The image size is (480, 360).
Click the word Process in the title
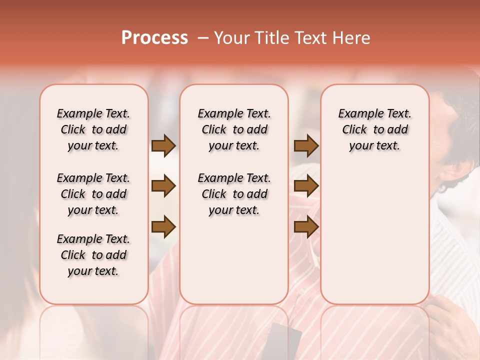(154, 38)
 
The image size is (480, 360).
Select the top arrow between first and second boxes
(163, 146)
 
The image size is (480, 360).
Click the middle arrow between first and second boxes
(163, 186)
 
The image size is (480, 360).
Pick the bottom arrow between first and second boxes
(163, 227)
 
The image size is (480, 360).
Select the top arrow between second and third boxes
(306, 146)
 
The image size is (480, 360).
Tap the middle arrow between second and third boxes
(306, 186)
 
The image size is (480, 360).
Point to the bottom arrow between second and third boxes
(306, 227)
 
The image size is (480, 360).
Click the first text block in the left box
(93, 129)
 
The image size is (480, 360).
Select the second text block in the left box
(93, 194)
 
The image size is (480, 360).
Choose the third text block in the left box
(93, 255)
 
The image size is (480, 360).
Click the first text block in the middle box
(234, 129)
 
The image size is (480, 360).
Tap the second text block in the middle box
(234, 194)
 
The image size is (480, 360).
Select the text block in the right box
(374, 129)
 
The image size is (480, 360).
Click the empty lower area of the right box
(374, 235)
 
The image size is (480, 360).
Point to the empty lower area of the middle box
(234, 260)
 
